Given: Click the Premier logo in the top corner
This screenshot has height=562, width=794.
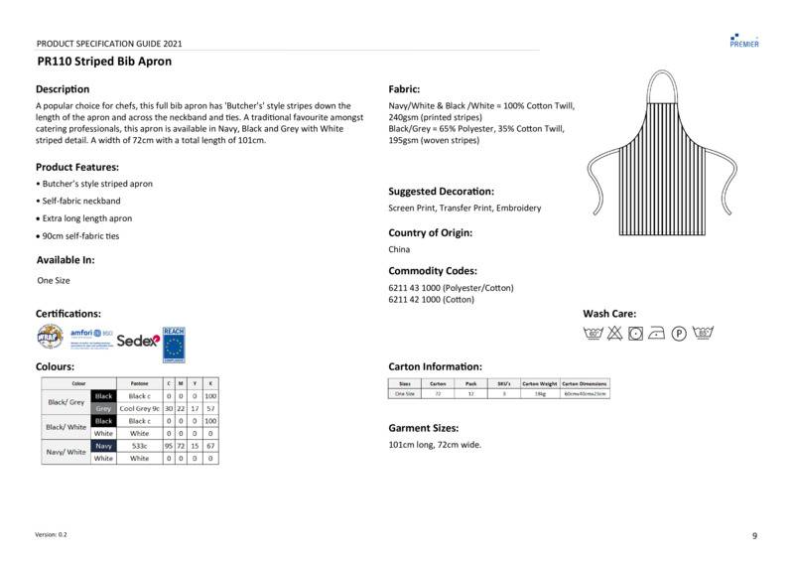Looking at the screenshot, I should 744,40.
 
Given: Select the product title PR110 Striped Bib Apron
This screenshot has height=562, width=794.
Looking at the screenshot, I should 104,62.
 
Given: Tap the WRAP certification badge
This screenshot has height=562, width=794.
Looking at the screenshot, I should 50,338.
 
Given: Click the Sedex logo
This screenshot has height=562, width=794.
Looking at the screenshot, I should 137,341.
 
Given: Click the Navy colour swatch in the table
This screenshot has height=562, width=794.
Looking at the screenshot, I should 103,447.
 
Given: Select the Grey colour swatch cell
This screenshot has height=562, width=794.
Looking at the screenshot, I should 103,408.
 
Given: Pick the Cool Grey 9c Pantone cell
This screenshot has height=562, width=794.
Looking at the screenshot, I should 139,408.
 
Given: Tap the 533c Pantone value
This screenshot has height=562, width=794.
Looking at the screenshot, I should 139,447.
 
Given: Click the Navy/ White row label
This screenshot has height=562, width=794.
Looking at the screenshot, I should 66,452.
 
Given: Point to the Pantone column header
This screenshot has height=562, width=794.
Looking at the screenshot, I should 139,383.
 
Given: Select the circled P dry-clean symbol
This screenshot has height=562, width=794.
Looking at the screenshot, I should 680,334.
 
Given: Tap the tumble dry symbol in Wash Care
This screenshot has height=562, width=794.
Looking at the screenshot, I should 635,334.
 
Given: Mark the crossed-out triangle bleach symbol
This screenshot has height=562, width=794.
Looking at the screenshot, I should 614,334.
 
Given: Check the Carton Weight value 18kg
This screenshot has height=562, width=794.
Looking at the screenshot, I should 541,394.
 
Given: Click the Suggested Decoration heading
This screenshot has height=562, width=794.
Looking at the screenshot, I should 441,191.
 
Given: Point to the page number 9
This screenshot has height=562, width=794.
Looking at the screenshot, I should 754,536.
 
